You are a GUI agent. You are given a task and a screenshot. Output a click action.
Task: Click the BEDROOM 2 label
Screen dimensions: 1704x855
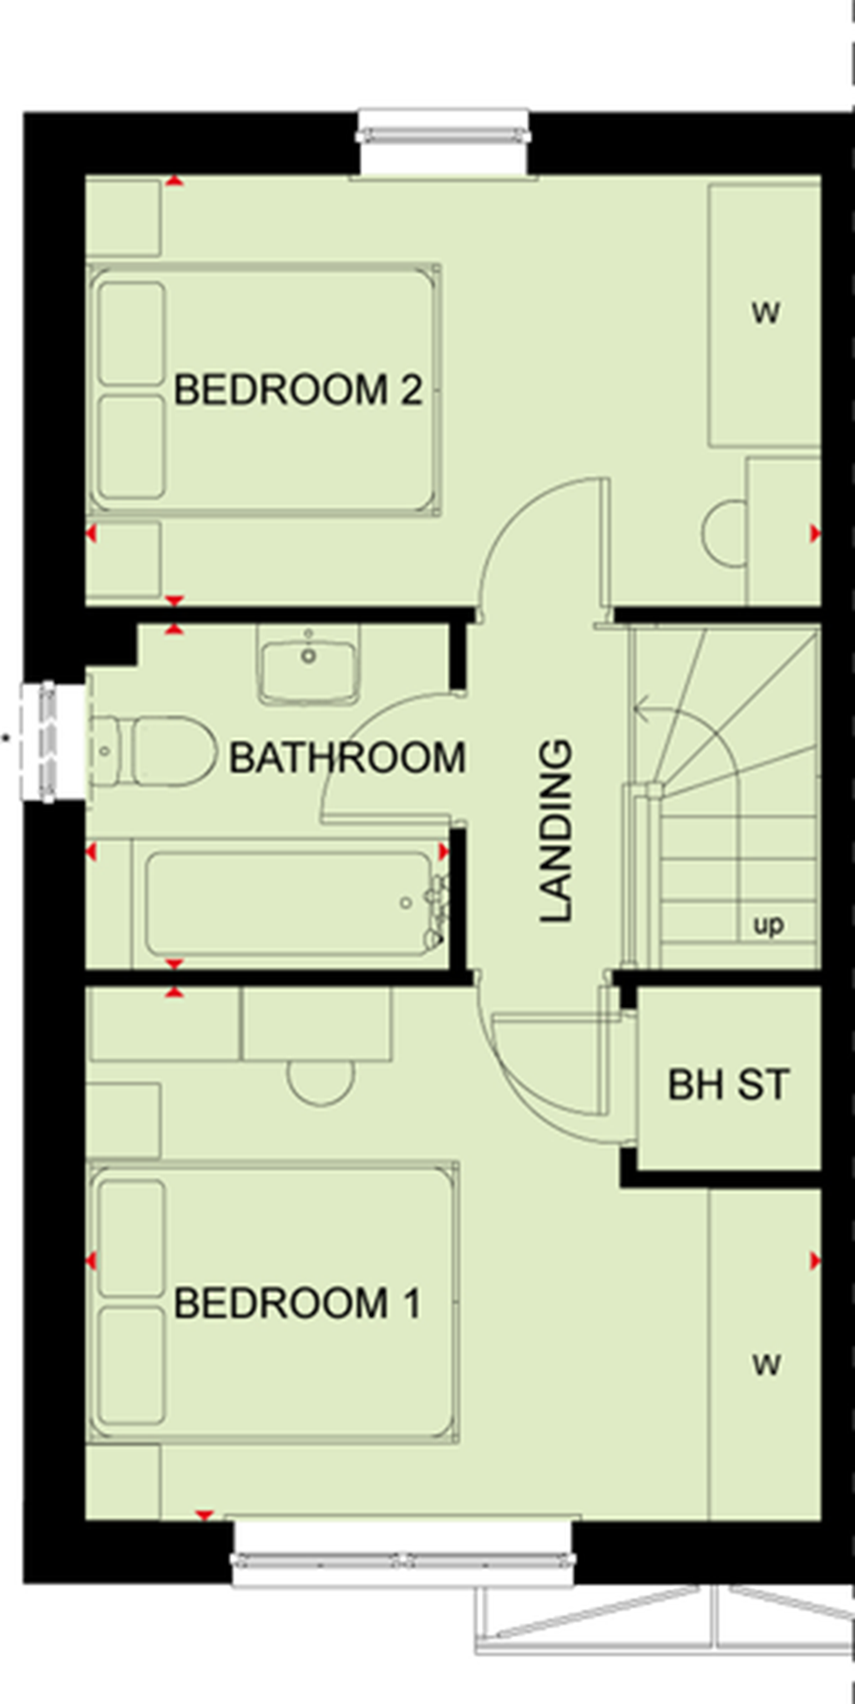pos(297,391)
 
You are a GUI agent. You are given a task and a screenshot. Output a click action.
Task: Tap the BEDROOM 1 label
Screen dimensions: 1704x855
pos(297,1303)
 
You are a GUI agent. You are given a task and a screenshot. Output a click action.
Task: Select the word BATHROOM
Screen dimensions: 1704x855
pos(347,758)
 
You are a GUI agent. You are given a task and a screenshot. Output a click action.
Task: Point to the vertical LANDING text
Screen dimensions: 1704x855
pos(556,831)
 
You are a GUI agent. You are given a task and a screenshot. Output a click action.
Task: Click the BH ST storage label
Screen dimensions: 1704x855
pos(728,1085)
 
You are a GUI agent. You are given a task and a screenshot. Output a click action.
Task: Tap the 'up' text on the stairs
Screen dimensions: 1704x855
pos(768,925)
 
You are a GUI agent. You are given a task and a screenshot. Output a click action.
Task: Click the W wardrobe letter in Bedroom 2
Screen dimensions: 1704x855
pos(766,313)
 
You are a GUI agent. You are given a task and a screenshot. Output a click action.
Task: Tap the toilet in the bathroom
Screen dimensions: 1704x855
pos(150,751)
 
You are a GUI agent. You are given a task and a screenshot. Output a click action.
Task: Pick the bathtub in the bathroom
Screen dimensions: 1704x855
pos(284,903)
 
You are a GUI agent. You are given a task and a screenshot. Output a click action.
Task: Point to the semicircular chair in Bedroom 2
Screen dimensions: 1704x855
pos(725,534)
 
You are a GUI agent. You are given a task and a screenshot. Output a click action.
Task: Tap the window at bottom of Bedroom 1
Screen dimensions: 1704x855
pos(403,1557)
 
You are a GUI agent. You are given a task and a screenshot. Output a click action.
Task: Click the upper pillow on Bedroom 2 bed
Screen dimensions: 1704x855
pos(131,333)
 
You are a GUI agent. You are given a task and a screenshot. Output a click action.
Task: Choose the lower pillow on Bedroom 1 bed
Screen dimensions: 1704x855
pos(131,1365)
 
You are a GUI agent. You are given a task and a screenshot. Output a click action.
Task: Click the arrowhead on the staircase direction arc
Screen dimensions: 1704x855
pos(640,710)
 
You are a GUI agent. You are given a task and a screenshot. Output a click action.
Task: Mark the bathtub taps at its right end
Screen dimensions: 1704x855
pos(435,906)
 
